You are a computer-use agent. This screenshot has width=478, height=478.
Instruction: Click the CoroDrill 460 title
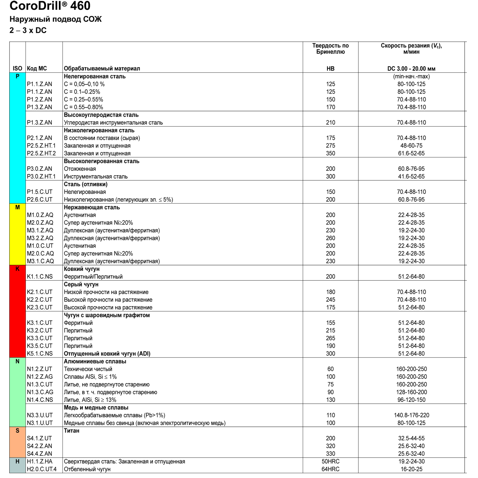pyautogui.click(x=50, y=6)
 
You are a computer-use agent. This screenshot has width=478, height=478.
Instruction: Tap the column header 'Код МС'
pyautogui.click(x=37, y=69)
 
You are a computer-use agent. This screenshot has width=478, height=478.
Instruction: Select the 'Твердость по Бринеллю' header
pyautogui.click(x=330, y=49)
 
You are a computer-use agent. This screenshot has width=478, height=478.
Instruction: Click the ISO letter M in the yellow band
pyautogui.click(x=18, y=207)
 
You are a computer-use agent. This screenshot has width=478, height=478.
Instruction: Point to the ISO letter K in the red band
pyautogui.click(x=18, y=269)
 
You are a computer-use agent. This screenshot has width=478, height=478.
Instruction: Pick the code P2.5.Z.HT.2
pyautogui.click(x=41, y=153)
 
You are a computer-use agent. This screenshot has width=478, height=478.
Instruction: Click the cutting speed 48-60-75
pyautogui.click(x=411, y=146)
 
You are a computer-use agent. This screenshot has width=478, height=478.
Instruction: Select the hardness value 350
pyautogui.click(x=330, y=153)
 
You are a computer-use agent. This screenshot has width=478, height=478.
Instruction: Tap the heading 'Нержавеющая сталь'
pyautogui.click(x=92, y=207)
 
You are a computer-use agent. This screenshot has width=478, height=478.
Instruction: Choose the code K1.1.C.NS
pyautogui.click(x=40, y=277)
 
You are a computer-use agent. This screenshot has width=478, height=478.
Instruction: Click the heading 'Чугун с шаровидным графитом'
pyautogui.click(x=107, y=315)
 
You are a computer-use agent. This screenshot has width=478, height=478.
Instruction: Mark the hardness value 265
pyautogui.click(x=330, y=338)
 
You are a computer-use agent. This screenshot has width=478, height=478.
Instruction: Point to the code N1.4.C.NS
pyautogui.click(x=40, y=400)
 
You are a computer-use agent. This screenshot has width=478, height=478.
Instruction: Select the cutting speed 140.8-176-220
pyautogui.click(x=411, y=415)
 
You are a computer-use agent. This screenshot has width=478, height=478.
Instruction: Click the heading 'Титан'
pyautogui.click(x=72, y=431)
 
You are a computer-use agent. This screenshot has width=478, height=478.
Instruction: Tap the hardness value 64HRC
pyautogui.click(x=330, y=469)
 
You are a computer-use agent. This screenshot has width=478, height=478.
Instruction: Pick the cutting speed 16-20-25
pyautogui.click(x=411, y=469)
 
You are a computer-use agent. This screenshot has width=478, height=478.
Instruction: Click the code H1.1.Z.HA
pyautogui.click(x=40, y=461)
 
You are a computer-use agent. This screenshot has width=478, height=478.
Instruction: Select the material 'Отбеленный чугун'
pyautogui.click(x=87, y=469)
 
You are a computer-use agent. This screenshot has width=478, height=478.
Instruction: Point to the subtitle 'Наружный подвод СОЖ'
pyautogui.click(x=55, y=19)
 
